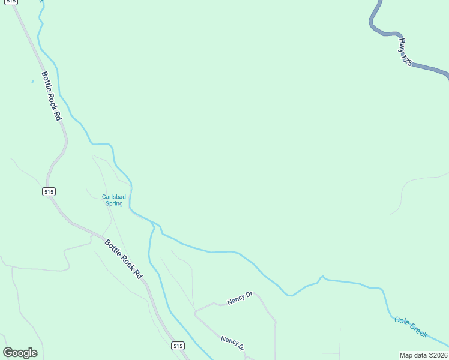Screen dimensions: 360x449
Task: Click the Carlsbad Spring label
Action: point(113,200)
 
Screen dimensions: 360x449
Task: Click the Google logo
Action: point(20,353)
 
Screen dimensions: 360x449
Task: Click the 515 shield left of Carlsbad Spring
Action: point(49,191)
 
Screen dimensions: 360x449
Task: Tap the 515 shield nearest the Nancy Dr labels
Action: point(177,346)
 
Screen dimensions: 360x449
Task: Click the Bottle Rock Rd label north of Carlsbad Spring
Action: point(52,96)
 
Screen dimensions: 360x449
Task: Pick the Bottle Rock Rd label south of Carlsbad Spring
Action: point(124,259)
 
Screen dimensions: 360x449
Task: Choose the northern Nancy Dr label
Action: point(240,298)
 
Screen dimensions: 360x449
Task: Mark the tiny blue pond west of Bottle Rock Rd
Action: point(32,82)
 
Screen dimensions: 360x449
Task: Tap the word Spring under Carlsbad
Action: point(114,203)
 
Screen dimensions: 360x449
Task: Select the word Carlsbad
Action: point(113,196)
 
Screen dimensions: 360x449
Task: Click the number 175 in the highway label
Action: point(408,59)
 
